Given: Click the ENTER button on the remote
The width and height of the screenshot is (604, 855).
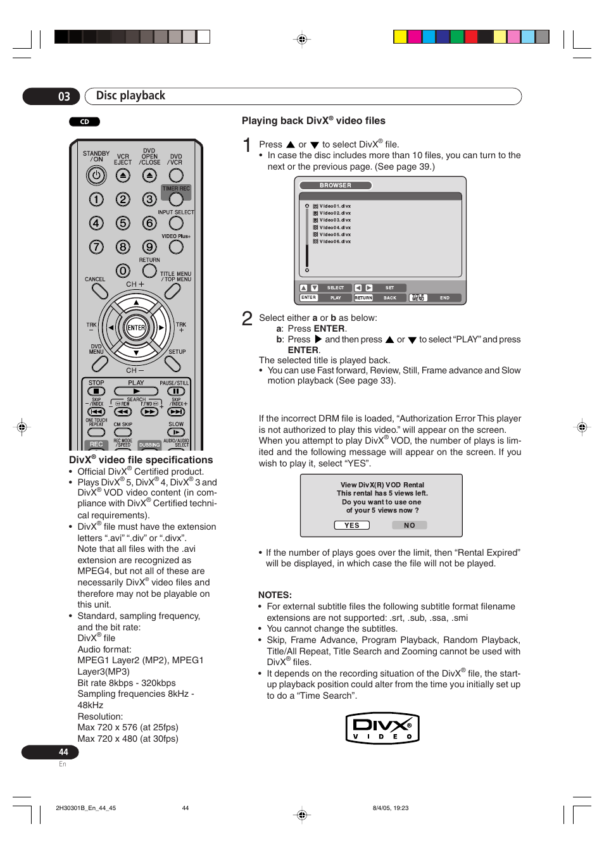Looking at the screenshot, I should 136,328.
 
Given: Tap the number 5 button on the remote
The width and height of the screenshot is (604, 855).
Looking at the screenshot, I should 123,223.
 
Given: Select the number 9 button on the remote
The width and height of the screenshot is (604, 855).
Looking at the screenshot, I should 149,247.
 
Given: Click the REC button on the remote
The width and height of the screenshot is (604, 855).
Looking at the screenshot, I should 96,444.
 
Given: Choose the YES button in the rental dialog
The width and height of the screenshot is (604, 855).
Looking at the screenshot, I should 352,525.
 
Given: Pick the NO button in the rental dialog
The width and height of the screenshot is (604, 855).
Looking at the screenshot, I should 409,525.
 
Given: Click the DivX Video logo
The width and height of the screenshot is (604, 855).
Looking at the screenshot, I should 382,728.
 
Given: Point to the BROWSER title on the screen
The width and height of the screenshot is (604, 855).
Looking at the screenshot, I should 336,185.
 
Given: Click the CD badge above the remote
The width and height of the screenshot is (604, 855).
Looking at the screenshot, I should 84,122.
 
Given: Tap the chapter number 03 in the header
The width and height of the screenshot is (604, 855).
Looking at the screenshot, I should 64,97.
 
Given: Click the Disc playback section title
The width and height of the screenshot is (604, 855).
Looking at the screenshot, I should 130,96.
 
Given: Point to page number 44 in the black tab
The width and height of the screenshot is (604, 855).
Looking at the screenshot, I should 63,752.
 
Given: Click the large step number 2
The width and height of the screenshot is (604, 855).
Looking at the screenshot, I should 247,318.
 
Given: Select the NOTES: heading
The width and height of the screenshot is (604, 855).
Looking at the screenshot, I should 275,595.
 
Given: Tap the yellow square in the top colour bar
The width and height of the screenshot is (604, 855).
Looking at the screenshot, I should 400,37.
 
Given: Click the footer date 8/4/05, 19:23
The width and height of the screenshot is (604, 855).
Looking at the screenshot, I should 391,808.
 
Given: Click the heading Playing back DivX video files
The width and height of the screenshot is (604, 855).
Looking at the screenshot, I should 313,121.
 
